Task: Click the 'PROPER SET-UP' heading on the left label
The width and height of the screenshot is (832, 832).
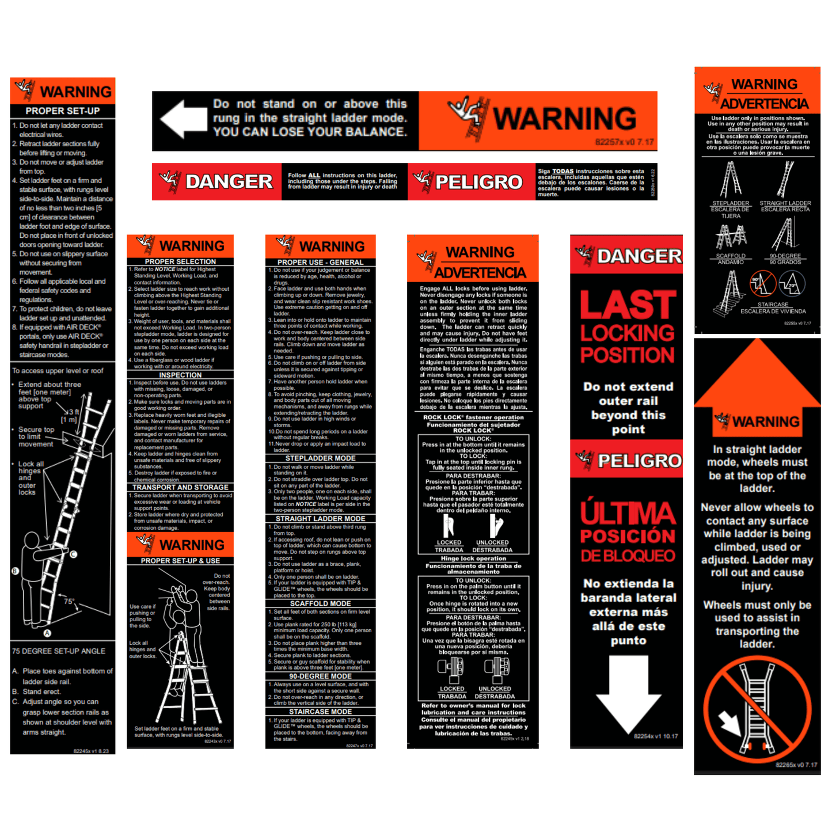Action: point(62,111)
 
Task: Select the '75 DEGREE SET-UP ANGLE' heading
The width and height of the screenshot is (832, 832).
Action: point(59,651)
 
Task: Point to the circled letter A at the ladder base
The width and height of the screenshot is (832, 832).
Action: point(48,633)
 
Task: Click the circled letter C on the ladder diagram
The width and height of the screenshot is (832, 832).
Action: point(73,554)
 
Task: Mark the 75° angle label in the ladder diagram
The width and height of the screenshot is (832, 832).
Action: point(69,601)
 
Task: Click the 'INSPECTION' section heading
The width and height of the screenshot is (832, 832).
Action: point(180,375)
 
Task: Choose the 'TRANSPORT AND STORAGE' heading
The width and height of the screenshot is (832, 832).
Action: point(180,487)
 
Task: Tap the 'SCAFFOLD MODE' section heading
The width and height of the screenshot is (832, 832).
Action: point(320,603)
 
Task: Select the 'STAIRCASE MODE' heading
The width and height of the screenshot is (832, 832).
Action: point(320,712)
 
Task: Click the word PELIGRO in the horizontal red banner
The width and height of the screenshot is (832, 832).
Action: point(478,182)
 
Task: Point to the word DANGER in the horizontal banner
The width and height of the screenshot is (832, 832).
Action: point(229,182)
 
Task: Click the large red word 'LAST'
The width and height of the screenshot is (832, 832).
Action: point(628,305)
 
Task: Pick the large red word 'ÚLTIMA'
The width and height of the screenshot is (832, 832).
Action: point(628,512)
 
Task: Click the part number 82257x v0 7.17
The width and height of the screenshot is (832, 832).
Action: point(624,142)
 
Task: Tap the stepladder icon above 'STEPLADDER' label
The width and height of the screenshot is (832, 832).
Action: point(730,180)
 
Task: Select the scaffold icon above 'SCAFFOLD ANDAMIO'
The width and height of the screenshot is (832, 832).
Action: point(731,236)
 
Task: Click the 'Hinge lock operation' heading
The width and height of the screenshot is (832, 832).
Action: point(473,559)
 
